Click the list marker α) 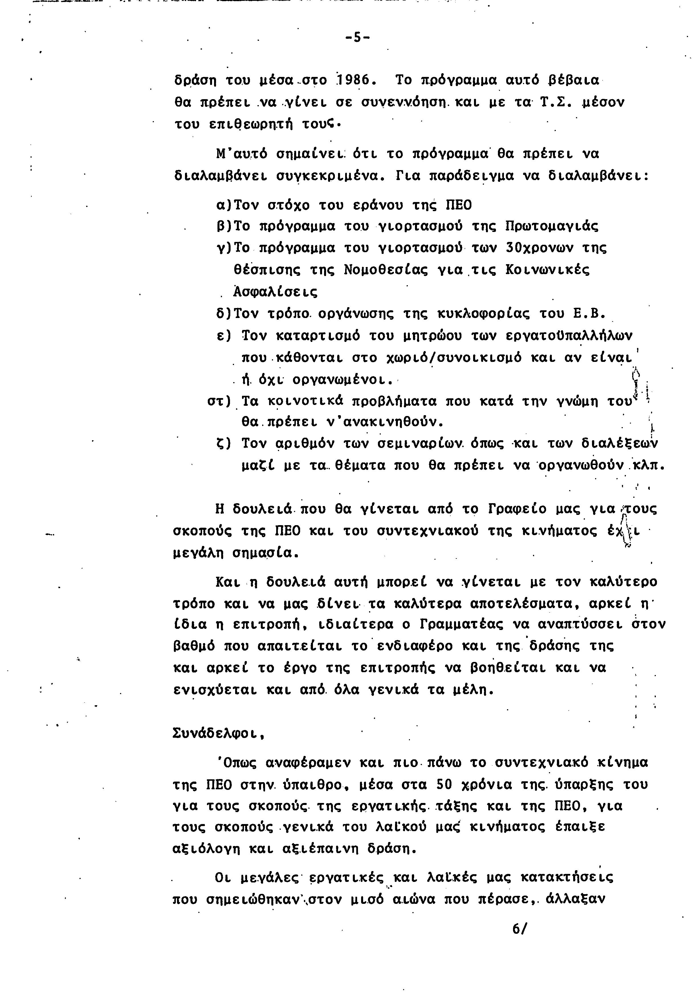[225, 205]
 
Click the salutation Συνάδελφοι [219, 734]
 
